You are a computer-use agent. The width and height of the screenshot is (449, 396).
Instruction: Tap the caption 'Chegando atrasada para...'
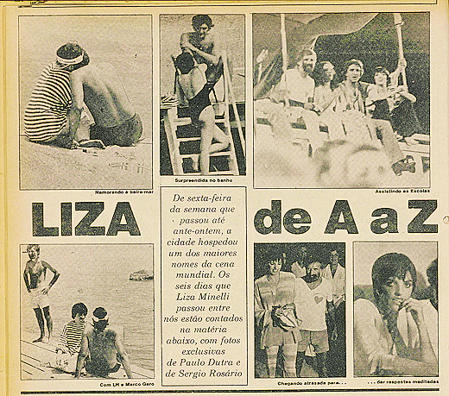click(300, 383)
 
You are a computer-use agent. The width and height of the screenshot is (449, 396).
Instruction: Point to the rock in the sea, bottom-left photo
click(141, 276)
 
